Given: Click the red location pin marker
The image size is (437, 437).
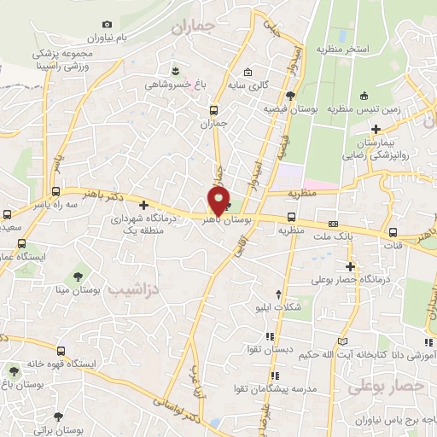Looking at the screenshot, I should click(x=218, y=201).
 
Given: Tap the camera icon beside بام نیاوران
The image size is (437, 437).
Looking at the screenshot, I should click(x=106, y=25).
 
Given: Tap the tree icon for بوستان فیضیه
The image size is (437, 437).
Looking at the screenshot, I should click(x=290, y=96).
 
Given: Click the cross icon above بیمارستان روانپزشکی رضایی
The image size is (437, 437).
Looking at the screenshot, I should click(x=376, y=128).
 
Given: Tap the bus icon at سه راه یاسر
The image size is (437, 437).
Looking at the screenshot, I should click(x=56, y=192).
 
